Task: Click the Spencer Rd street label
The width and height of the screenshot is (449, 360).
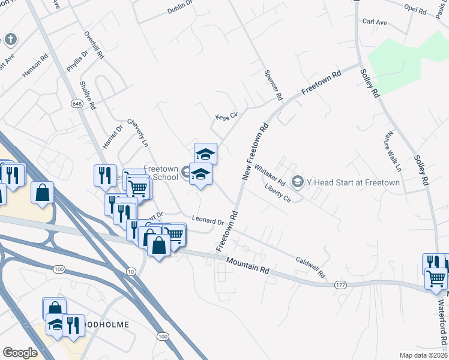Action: click(x=273, y=84)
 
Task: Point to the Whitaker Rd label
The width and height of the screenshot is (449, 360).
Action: click(x=269, y=175)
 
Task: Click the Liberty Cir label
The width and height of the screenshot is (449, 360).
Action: click(x=277, y=193)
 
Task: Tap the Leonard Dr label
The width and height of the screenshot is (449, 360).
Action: click(x=208, y=220)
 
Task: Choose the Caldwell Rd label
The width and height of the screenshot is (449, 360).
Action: click(x=310, y=268)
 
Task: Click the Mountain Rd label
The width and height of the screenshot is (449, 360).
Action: click(x=248, y=266)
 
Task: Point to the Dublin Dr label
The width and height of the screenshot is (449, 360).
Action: click(x=179, y=7)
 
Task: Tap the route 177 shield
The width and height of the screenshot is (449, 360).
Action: click(x=341, y=284)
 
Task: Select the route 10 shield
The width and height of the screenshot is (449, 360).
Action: click(x=131, y=272)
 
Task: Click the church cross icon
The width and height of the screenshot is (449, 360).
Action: click(x=11, y=40)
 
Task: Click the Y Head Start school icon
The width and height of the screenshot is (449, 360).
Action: click(x=297, y=181)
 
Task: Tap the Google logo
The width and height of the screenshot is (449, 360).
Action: click(x=20, y=352)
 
